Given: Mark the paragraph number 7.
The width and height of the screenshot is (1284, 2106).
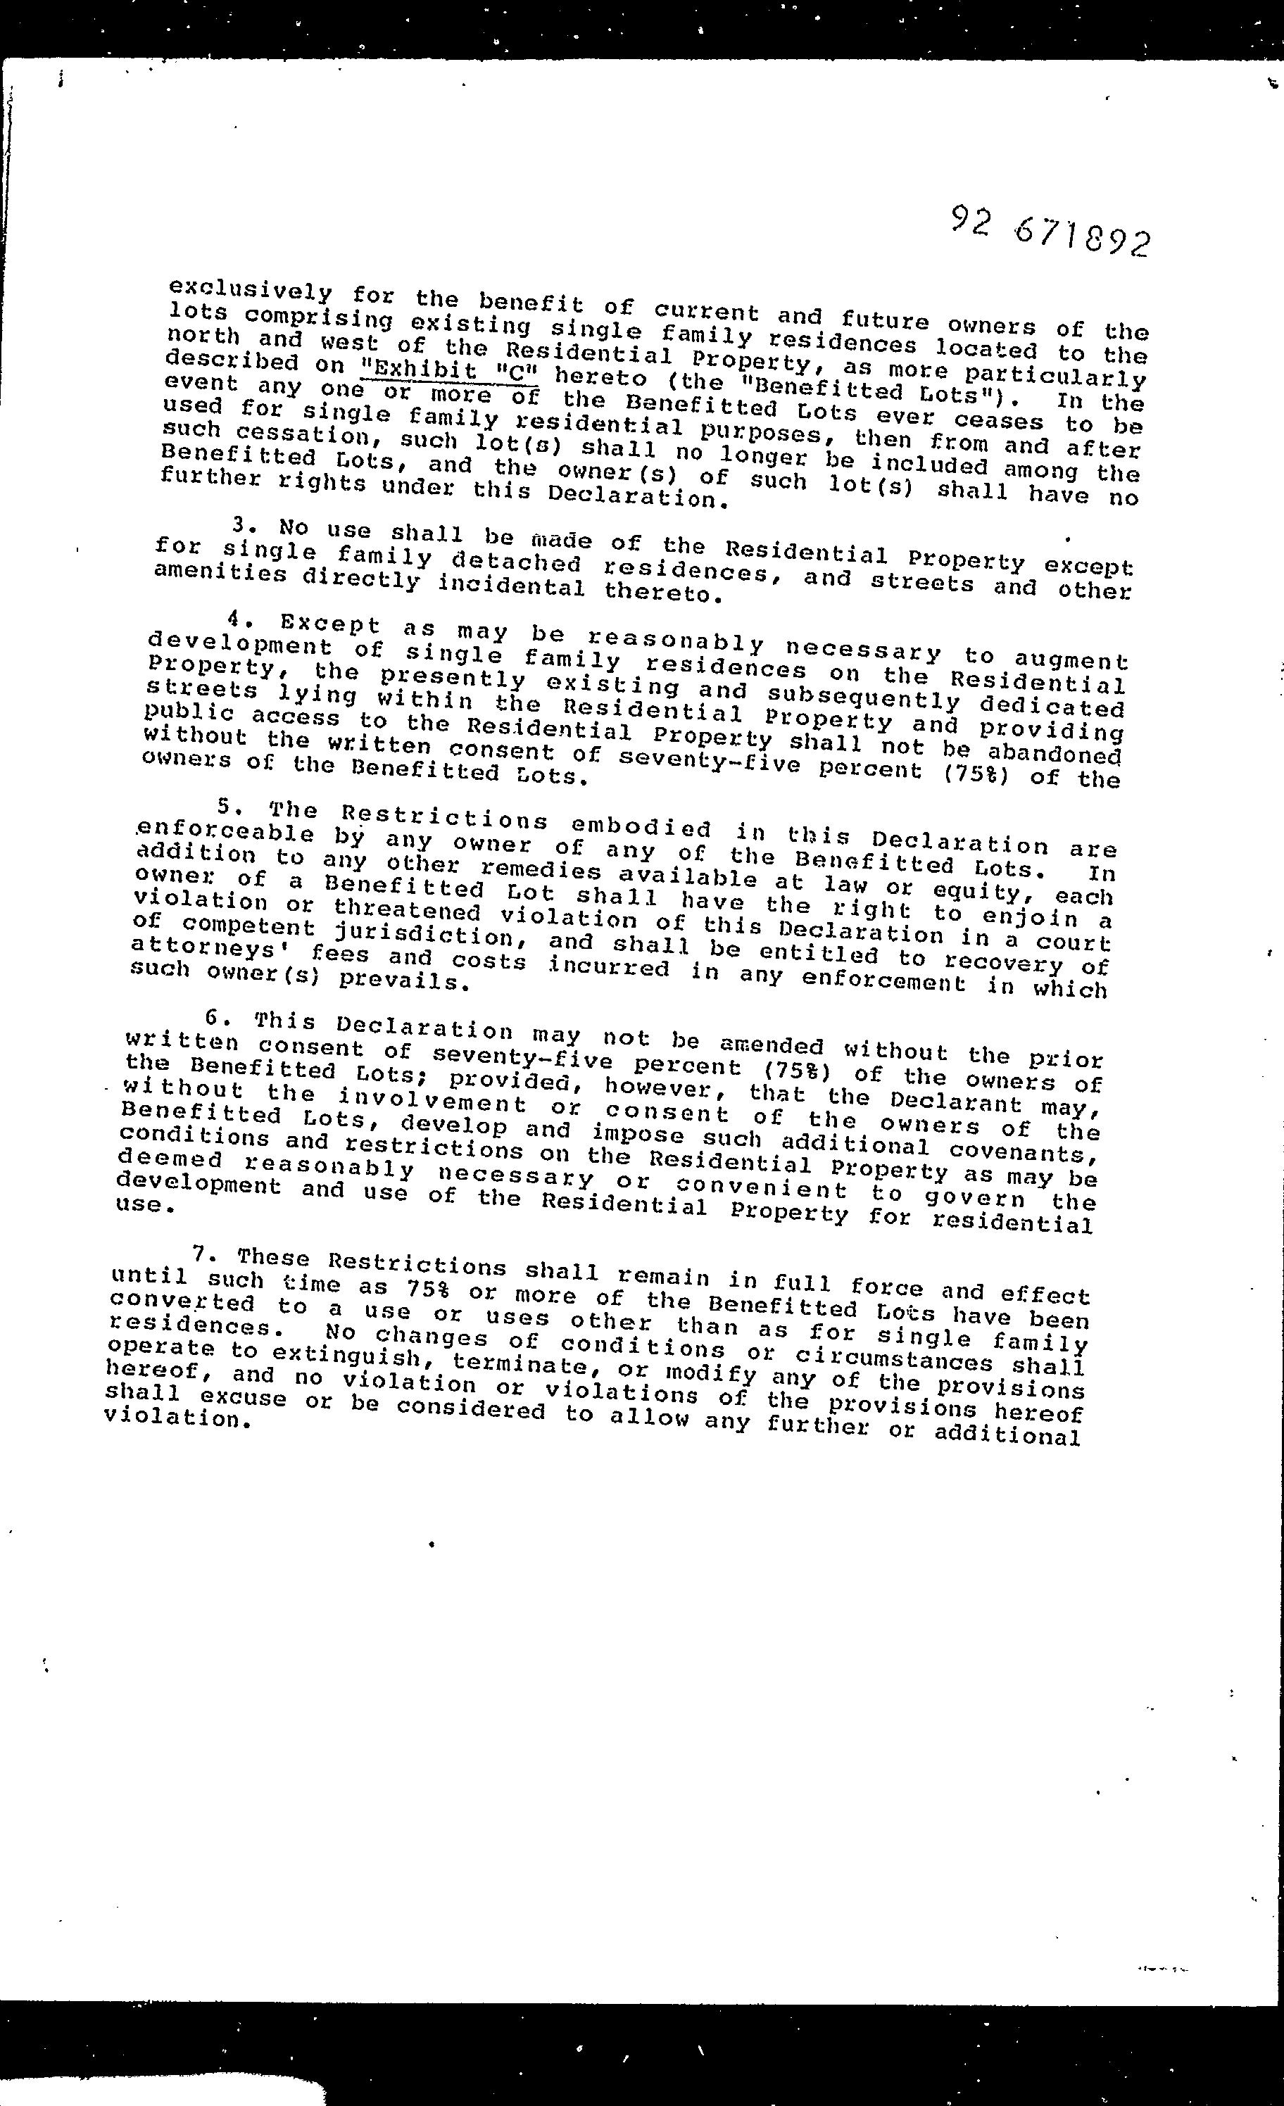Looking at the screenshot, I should [x=202, y=1254].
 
